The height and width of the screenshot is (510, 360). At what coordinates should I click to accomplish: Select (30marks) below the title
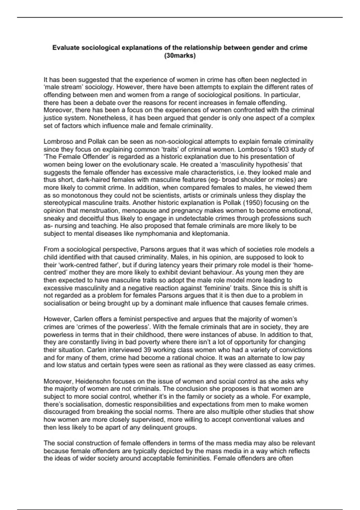[180, 55]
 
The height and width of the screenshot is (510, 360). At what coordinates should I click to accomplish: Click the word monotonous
[73, 195]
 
